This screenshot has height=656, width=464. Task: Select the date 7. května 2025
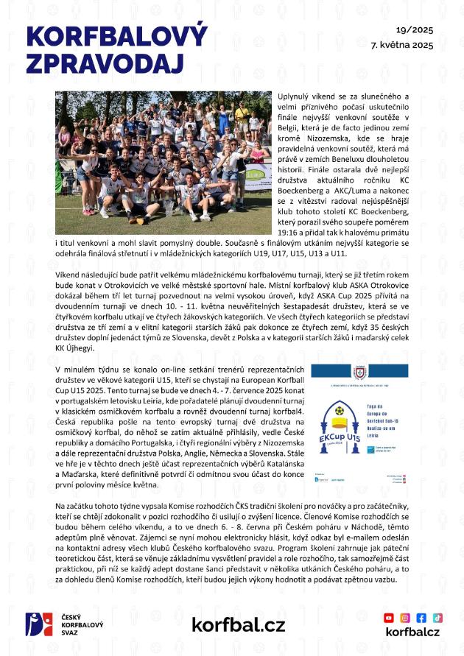tap(402, 45)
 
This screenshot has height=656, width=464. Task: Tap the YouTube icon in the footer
tap(389, 618)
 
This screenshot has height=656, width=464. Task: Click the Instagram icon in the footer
tap(405, 618)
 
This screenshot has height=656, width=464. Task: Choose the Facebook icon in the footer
tap(421, 618)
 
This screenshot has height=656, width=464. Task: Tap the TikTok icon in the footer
tap(437, 618)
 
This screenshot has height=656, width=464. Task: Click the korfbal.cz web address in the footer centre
tap(238, 624)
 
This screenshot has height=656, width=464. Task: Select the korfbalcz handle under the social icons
tap(412, 632)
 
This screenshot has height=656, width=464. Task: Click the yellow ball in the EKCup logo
tap(340, 411)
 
